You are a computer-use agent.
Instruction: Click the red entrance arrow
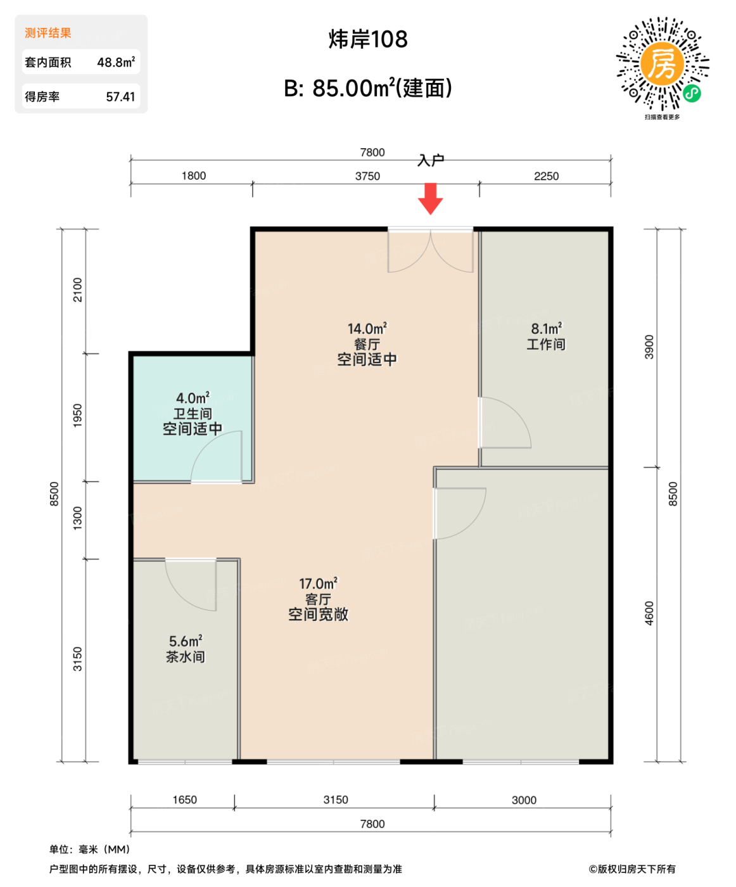point(430,198)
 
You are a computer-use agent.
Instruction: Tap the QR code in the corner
point(663,64)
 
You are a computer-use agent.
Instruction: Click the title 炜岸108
point(368,39)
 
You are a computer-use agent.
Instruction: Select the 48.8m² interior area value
point(116,62)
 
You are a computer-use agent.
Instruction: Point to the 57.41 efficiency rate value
point(120,97)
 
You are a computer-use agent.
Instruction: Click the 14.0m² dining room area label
point(367,329)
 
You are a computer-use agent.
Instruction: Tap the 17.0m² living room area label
point(318,584)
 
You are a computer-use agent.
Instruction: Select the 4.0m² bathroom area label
point(193,399)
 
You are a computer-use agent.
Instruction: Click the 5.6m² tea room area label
point(185,641)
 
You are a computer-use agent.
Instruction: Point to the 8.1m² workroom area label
point(546,329)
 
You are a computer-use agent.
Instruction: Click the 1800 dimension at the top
point(194,176)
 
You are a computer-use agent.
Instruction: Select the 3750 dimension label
point(367,176)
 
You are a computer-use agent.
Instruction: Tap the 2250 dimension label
point(546,176)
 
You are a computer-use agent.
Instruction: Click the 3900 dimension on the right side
point(649,347)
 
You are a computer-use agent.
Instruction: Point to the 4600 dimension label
point(649,613)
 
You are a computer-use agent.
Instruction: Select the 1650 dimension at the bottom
point(184,800)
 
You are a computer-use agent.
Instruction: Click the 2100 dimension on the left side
point(77,290)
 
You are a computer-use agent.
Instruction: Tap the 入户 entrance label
point(431,161)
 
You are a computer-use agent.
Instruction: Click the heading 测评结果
point(48,33)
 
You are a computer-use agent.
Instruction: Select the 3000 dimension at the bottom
point(524,800)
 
